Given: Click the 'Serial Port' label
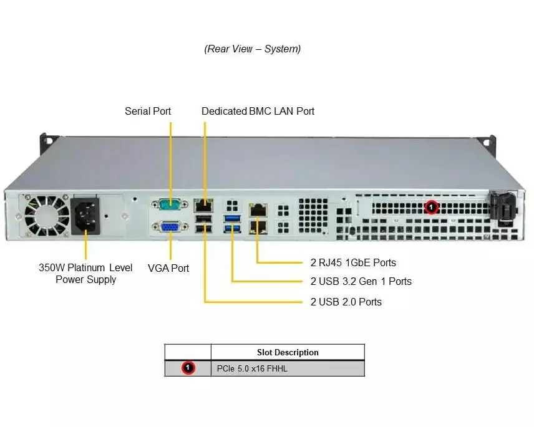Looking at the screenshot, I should [148, 111].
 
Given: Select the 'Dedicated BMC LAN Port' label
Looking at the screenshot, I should [258, 111].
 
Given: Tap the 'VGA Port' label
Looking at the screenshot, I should [168, 268].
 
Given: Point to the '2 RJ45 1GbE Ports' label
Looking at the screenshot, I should [353, 262].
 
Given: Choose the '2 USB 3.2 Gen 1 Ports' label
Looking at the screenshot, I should [361, 281].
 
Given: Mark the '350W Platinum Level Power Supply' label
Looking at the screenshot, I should [85, 274].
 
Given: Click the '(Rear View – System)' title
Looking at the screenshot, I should [253, 49].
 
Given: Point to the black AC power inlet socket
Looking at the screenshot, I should [84, 215].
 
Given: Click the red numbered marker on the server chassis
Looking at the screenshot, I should [431, 206].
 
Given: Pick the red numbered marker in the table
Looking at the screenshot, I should [188, 368].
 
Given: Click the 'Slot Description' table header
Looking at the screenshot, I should [288, 352].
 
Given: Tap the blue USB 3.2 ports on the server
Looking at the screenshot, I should [231, 223].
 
